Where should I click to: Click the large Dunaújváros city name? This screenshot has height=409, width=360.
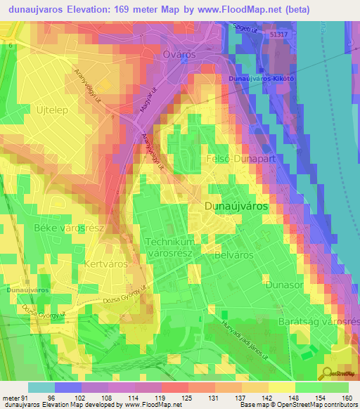point(236,207)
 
